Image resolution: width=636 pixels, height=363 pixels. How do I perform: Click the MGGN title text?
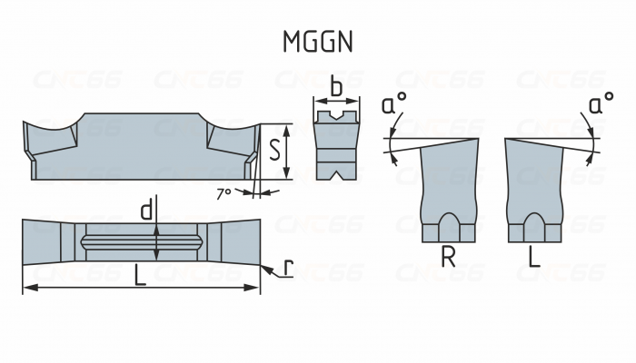317,41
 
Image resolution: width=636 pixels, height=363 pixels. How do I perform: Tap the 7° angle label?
224,192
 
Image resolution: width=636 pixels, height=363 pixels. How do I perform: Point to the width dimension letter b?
336,88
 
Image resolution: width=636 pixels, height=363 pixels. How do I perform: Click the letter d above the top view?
145,211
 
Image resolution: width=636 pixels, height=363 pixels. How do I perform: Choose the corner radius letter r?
288,268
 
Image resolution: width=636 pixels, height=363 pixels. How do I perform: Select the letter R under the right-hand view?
448,258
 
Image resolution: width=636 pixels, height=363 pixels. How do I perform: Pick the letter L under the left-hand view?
534,258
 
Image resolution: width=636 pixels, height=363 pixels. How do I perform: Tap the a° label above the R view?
393,105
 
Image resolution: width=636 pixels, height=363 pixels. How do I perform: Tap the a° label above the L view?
598,105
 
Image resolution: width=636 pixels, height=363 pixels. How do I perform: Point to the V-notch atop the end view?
336,117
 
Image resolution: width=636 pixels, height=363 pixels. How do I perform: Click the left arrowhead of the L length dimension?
27,289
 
